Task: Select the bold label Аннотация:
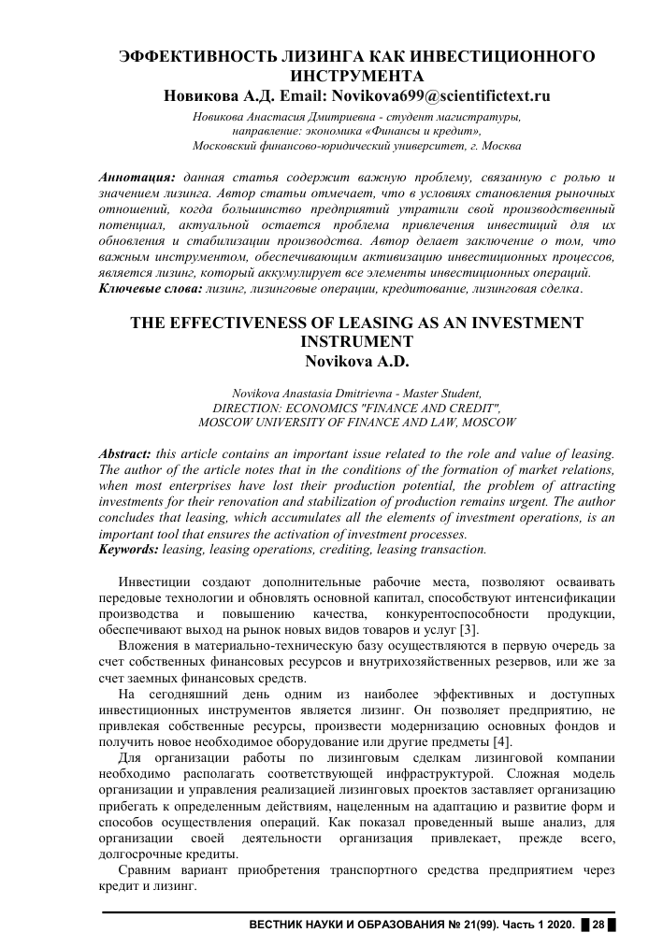[x=137, y=177]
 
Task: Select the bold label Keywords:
[x=129, y=550]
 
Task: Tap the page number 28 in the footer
[x=598, y=925]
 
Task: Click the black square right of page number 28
[x=613, y=925]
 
